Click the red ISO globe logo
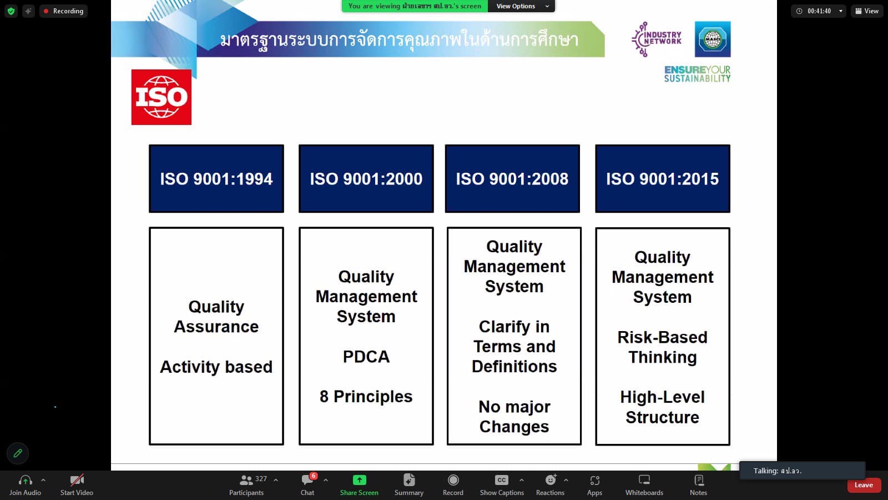[162, 97]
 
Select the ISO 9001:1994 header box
[216, 178]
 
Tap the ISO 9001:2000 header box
[366, 178]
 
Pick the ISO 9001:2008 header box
[512, 178]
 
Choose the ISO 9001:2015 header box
[663, 178]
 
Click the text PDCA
[366, 356]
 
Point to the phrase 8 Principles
[366, 397]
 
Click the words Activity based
[216, 367]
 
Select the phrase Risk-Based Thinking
[663, 347]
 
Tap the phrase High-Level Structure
[663, 407]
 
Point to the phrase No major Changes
[514, 417]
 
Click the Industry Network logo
[657, 39]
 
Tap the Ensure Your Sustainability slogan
[697, 74]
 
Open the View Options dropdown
[522, 6]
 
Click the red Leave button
[864, 485]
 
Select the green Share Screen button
[359, 485]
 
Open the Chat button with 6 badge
[307, 485]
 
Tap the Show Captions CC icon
[502, 480]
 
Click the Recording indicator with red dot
[63, 11]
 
